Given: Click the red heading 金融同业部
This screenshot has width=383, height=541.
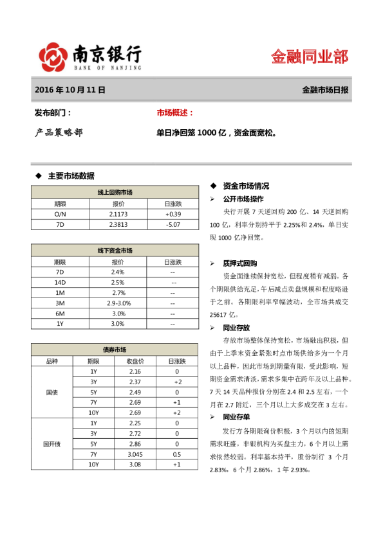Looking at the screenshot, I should [310, 57].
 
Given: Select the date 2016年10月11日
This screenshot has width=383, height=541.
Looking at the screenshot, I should [70, 91].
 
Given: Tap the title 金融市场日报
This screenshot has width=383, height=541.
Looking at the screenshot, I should [325, 91].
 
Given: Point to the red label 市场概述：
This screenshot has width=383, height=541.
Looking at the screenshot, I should [175, 112].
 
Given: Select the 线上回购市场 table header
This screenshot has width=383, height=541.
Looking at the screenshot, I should [115, 192].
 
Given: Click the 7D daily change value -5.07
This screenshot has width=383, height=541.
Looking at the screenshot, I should [173, 224].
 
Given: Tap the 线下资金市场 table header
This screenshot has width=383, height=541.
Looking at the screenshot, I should [115, 251].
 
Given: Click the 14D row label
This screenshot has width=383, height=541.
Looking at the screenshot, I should [61, 282].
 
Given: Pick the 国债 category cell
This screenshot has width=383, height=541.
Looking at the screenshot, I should [51, 392].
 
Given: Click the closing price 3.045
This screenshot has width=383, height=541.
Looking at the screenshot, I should [135, 454].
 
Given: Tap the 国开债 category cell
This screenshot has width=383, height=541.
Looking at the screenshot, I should [51, 443].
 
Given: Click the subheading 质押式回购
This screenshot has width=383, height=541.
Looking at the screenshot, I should [240, 263].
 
